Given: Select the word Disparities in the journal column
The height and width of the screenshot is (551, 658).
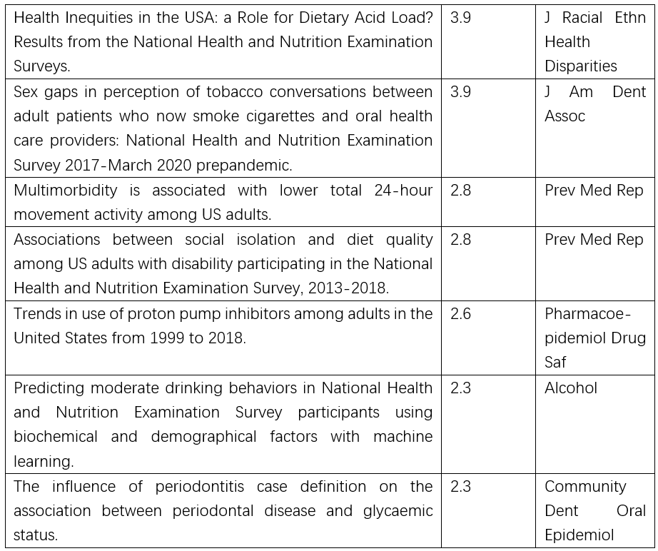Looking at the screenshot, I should [580, 66].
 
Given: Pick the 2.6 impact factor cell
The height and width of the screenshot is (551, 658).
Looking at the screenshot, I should [460, 314].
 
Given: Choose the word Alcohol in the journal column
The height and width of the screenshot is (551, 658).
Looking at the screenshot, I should [570, 388].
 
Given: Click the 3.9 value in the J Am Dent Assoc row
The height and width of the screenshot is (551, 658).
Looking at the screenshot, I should [460, 92].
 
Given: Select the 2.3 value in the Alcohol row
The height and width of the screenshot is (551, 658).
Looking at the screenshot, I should [460, 388].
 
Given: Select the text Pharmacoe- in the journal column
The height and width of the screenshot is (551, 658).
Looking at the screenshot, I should [588, 314].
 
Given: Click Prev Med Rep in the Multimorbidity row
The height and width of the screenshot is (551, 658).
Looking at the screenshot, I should [594, 191].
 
